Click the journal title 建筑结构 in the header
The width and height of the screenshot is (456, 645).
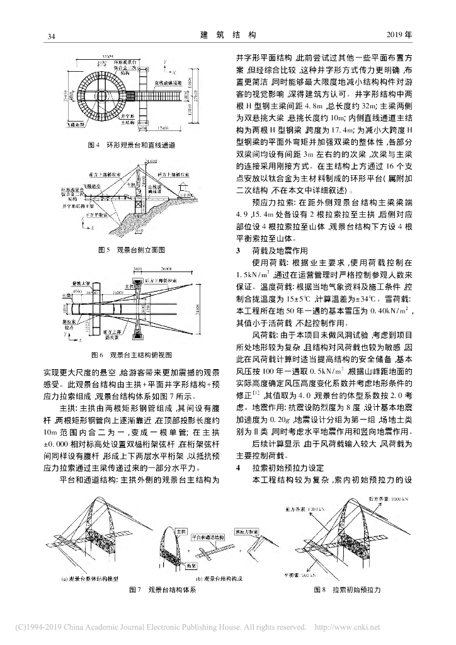point(228,35)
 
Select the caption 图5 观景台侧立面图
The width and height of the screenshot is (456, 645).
point(132,250)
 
